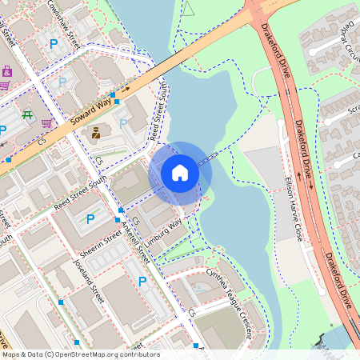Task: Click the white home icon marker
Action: pyautogui.click(x=180, y=172)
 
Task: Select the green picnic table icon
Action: pyautogui.click(x=26, y=115)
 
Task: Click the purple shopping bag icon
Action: pyautogui.click(x=7, y=71)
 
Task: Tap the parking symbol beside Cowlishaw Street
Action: pyautogui.click(x=54, y=45)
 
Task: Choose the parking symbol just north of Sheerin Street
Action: pyautogui.click(x=90, y=218)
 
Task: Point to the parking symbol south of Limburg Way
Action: pyautogui.click(x=142, y=281)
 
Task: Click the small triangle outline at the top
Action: pyautogui.click(x=190, y=9)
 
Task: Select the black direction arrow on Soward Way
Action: pyautogui.click(x=126, y=90)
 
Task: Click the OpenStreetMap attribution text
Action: pyautogui.click(x=80, y=354)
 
